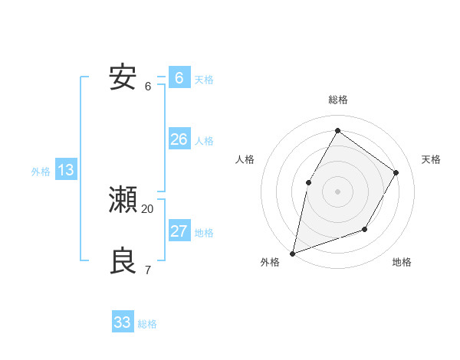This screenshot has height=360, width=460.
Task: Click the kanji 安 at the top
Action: (123, 77)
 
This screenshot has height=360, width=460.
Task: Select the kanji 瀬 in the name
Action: (123, 201)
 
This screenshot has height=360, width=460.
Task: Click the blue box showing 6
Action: (179, 77)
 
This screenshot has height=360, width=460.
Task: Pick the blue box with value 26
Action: (179, 139)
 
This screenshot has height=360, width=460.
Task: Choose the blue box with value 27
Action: (179, 231)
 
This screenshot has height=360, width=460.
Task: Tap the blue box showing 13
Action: (65, 170)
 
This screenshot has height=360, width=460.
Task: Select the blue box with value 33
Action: (123, 322)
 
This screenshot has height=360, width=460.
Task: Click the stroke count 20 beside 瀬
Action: (148, 209)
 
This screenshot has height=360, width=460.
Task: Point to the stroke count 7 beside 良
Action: (148, 270)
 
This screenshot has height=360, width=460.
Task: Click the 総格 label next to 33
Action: (147, 324)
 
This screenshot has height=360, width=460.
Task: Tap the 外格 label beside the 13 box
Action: (41, 172)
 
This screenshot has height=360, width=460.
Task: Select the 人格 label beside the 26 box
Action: (204, 141)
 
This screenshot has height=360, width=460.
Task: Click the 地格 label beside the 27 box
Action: (204, 233)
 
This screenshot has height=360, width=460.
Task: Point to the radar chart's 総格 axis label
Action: (337, 100)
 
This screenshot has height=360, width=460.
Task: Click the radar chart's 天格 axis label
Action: (431, 159)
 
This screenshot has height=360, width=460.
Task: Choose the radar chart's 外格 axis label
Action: (270, 262)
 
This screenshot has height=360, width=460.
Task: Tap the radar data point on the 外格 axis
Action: (292, 253)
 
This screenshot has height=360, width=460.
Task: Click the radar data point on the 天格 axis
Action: (396, 172)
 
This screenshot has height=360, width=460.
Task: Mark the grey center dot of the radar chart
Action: (337, 191)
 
